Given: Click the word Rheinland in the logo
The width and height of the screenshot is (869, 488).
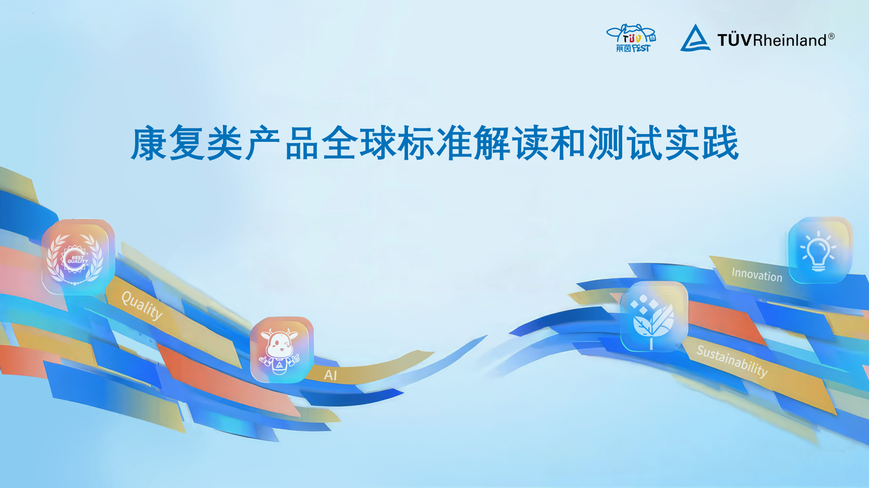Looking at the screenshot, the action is pos(790,40).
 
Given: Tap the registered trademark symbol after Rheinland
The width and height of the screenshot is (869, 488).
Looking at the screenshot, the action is pos(831,36).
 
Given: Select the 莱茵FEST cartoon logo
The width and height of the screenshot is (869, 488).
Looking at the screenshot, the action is pos(631,38).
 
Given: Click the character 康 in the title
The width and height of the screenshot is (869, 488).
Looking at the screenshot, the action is pos(149,143).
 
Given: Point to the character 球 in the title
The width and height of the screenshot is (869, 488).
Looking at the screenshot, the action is pos(377,143).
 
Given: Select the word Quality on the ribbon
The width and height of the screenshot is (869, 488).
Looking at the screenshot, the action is pos(142,305).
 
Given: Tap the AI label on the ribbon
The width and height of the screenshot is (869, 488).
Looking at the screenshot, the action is pos(330,375).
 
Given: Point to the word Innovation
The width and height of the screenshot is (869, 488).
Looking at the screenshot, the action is pos(757,274).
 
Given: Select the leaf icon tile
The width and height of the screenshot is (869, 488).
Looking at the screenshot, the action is pos(654,317).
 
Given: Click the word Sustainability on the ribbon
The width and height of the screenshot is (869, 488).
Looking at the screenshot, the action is pos(732,360).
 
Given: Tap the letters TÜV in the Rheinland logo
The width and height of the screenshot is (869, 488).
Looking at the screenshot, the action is pos(734,40).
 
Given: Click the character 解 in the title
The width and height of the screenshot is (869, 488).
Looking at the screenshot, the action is pos(491,143).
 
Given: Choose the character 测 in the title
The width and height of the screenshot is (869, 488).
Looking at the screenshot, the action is pos(606,143).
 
